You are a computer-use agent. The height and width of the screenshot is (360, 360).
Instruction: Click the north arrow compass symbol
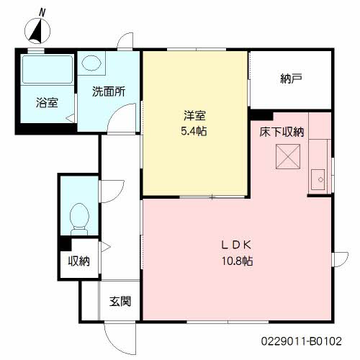click(37, 31)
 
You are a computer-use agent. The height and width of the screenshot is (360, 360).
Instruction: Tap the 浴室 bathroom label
click(47, 102)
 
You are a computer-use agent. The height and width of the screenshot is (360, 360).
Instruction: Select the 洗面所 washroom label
click(109, 91)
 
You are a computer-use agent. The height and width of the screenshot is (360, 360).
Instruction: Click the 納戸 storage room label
click(291, 78)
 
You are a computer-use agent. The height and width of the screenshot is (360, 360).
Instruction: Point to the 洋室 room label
click(194, 115)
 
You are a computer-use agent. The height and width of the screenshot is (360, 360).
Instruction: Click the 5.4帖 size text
click(194, 131)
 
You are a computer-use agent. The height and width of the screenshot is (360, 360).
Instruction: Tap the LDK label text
click(236, 245)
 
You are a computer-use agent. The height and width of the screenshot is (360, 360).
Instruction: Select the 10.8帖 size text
click(237, 261)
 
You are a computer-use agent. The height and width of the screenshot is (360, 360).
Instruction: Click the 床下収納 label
click(282, 132)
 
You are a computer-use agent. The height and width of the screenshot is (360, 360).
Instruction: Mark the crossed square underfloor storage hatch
click(288, 156)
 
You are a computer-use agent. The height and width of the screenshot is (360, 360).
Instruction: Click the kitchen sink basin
click(318, 179)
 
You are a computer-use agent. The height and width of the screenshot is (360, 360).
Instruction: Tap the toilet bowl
click(79, 219)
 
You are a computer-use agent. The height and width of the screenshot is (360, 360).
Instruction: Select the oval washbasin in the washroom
click(91, 63)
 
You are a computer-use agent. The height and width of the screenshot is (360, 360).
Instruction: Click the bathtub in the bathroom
click(48, 69)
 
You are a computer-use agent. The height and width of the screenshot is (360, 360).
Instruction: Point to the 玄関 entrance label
click(120, 301)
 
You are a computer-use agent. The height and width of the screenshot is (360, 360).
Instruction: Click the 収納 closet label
click(79, 261)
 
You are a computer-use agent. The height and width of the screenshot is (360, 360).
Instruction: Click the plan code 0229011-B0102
click(301, 341)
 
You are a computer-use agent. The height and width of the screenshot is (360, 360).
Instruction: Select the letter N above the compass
click(42, 12)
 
